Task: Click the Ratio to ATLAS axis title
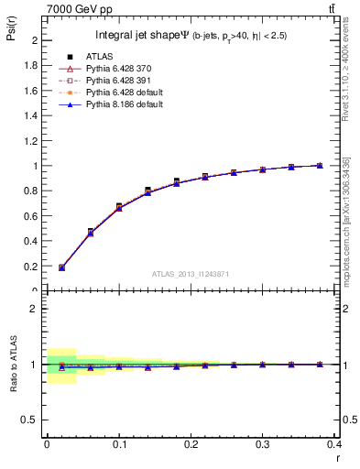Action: pos(14,364)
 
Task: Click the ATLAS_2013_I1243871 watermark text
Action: pos(191,275)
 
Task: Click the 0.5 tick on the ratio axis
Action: pos(30,420)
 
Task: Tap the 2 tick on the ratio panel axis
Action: pos(34,309)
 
